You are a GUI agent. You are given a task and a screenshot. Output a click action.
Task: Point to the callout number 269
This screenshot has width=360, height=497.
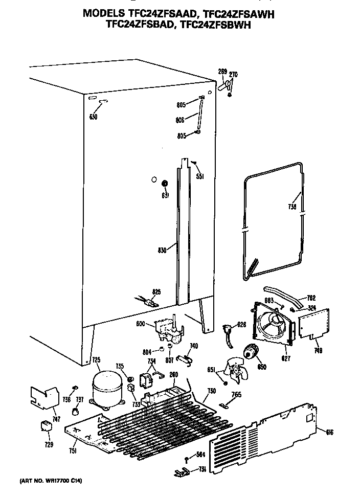click(x=222, y=71)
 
